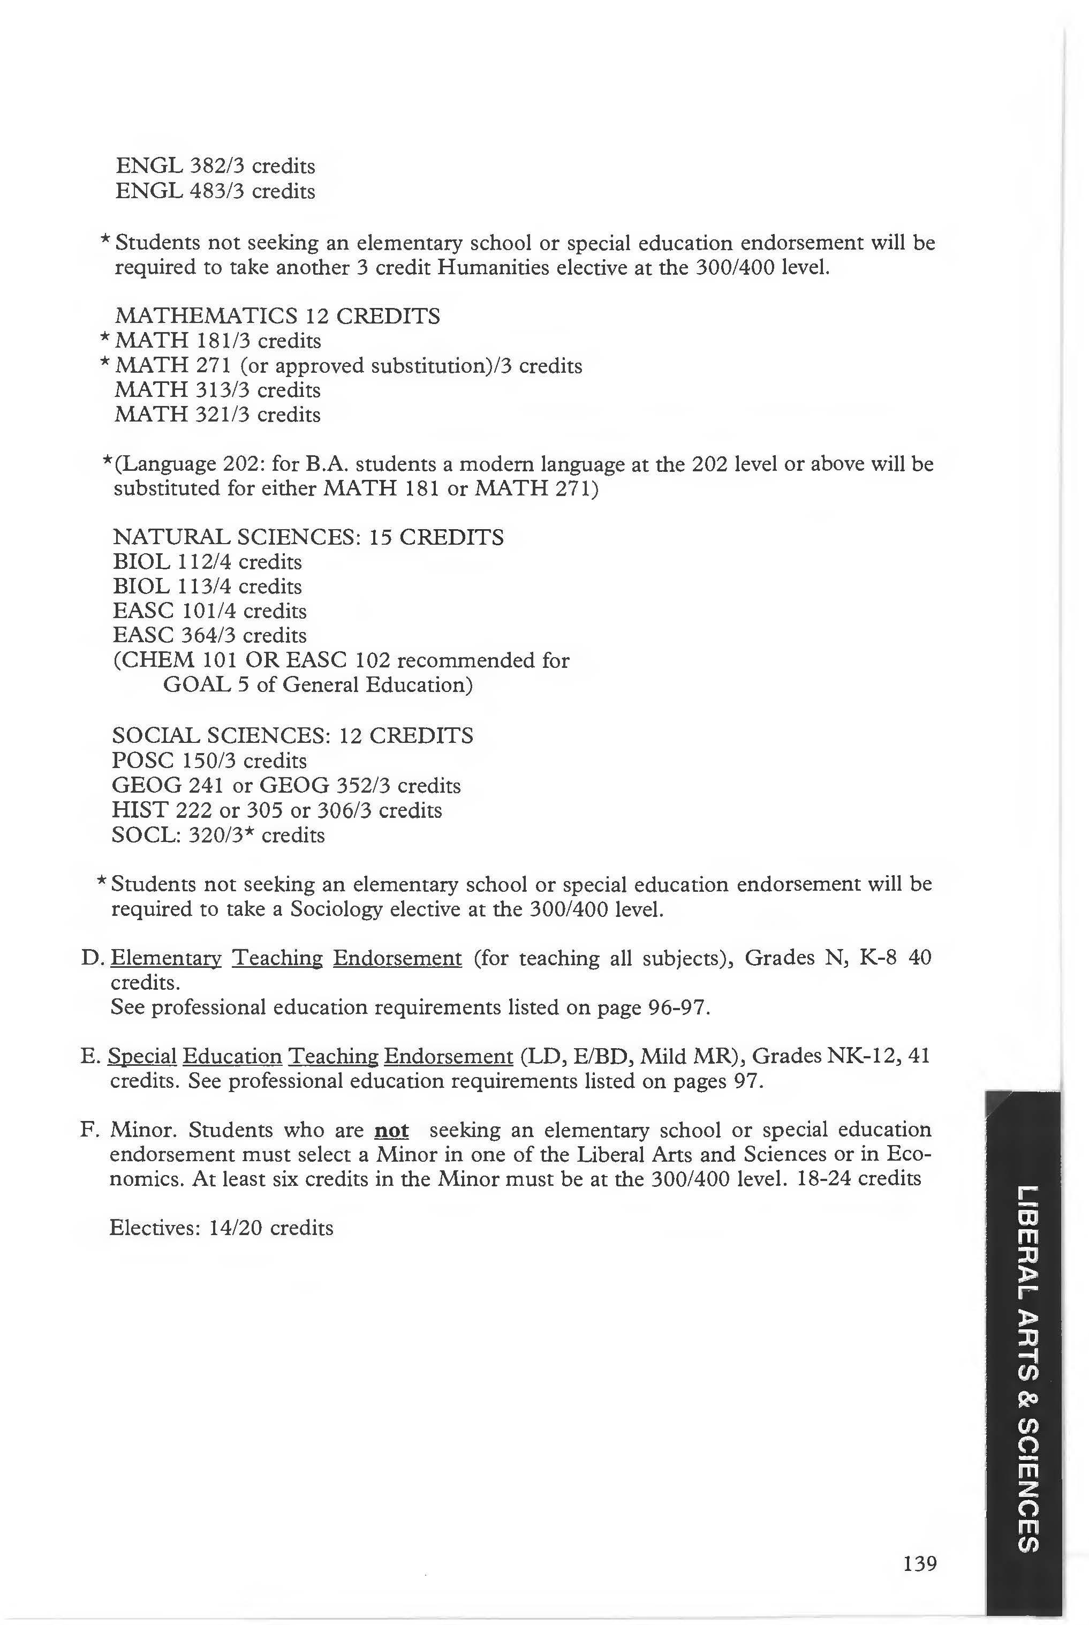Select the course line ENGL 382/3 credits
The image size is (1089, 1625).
pyautogui.click(x=215, y=166)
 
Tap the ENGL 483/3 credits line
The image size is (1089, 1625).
pyautogui.click(x=215, y=191)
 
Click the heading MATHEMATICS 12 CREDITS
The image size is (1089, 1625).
pyautogui.click(x=277, y=316)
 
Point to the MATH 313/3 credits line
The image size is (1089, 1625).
pyautogui.click(x=217, y=390)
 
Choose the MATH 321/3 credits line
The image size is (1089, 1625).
pyautogui.click(x=217, y=415)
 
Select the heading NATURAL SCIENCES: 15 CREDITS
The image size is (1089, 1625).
pyautogui.click(x=308, y=537)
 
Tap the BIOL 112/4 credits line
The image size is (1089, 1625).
pyautogui.click(x=207, y=562)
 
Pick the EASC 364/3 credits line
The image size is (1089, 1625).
pyautogui.click(x=209, y=636)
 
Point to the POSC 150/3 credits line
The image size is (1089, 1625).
pyautogui.click(x=209, y=761)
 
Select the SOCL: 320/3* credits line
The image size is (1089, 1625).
pyautogui.click(x=218, y=834)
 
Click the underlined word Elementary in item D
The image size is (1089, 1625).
pyautogui.click(x=166, y=959)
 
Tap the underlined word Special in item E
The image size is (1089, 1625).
pyautogui.click(x=142, y=1057)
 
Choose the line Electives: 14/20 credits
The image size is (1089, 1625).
pyautogui.click(x=222, y=1228)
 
